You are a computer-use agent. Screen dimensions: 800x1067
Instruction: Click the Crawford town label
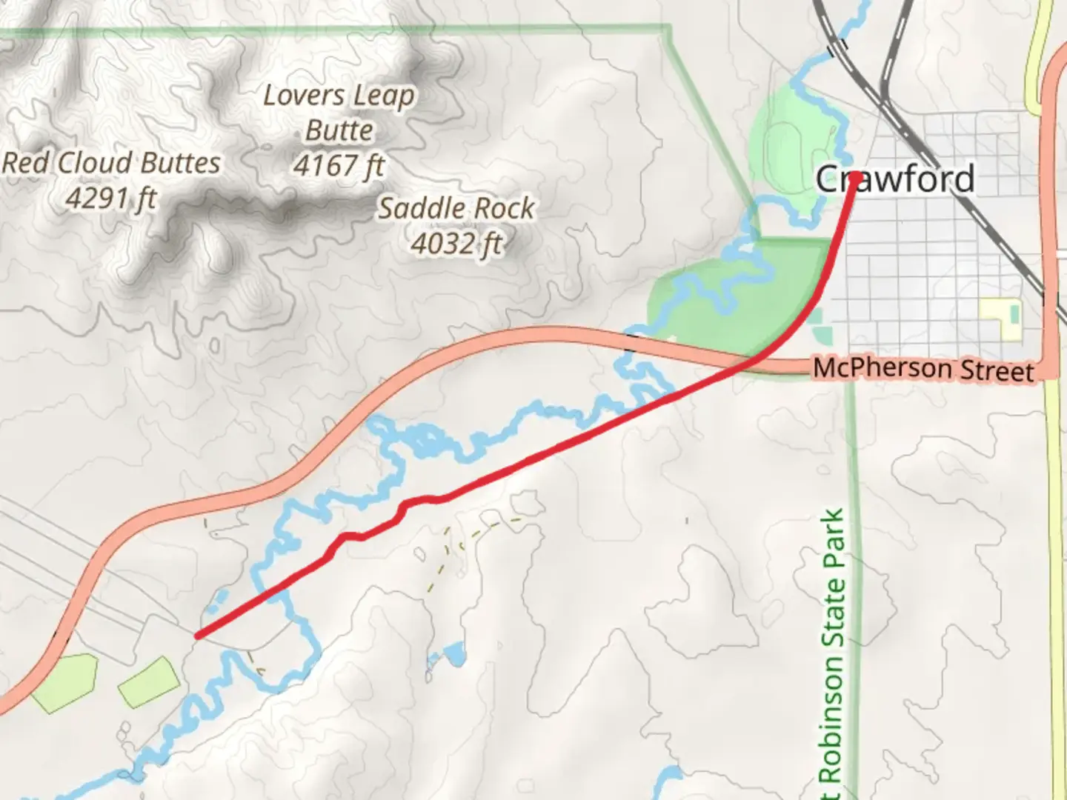(x=894, y=179)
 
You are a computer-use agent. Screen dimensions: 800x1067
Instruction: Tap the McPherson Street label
(x=923, y=368)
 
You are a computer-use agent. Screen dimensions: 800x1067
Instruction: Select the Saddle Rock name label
(x=456, y=208)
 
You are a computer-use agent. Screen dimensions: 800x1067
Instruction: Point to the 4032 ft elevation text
(x=457, y=243)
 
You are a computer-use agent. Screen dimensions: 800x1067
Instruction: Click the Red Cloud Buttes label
(x=111, y=163)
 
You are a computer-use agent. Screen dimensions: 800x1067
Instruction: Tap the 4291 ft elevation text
(x=111, y=198)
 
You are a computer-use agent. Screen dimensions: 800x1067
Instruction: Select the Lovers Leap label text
(x=339, y=96)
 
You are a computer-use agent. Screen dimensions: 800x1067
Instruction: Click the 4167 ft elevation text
(x=339, y=165)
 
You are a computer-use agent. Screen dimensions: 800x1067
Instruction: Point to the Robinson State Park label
(x=832, y=652)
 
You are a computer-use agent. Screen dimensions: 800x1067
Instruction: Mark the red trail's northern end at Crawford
(x=855, y=176)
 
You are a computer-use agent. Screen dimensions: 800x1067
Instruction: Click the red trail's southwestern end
(x=198, y=635)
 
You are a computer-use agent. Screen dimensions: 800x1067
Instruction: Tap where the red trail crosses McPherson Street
(x=750, y=362)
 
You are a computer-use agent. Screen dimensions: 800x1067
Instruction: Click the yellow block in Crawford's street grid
(x=1002, y=316)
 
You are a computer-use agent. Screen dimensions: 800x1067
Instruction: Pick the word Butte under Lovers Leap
(x=339, y=130)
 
